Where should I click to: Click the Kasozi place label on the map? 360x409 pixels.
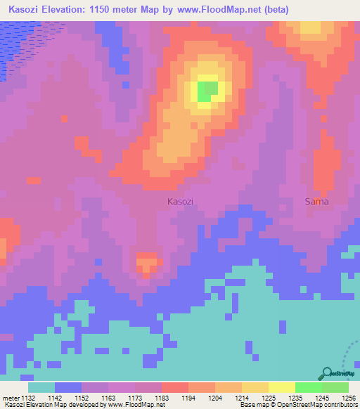181,202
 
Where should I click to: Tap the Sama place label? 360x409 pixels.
316,202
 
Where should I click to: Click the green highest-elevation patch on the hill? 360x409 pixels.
207,91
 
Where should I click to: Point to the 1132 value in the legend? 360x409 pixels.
27,398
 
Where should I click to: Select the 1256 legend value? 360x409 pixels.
349,398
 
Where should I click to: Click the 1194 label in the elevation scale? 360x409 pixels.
188,398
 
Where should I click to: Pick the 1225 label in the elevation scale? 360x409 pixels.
268,398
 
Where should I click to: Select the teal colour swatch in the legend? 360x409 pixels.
41,387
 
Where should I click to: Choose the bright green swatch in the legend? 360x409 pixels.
309,387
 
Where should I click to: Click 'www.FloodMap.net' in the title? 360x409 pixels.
213,9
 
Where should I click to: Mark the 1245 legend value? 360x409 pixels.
321,398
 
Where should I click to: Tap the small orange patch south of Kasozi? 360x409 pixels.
146,264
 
